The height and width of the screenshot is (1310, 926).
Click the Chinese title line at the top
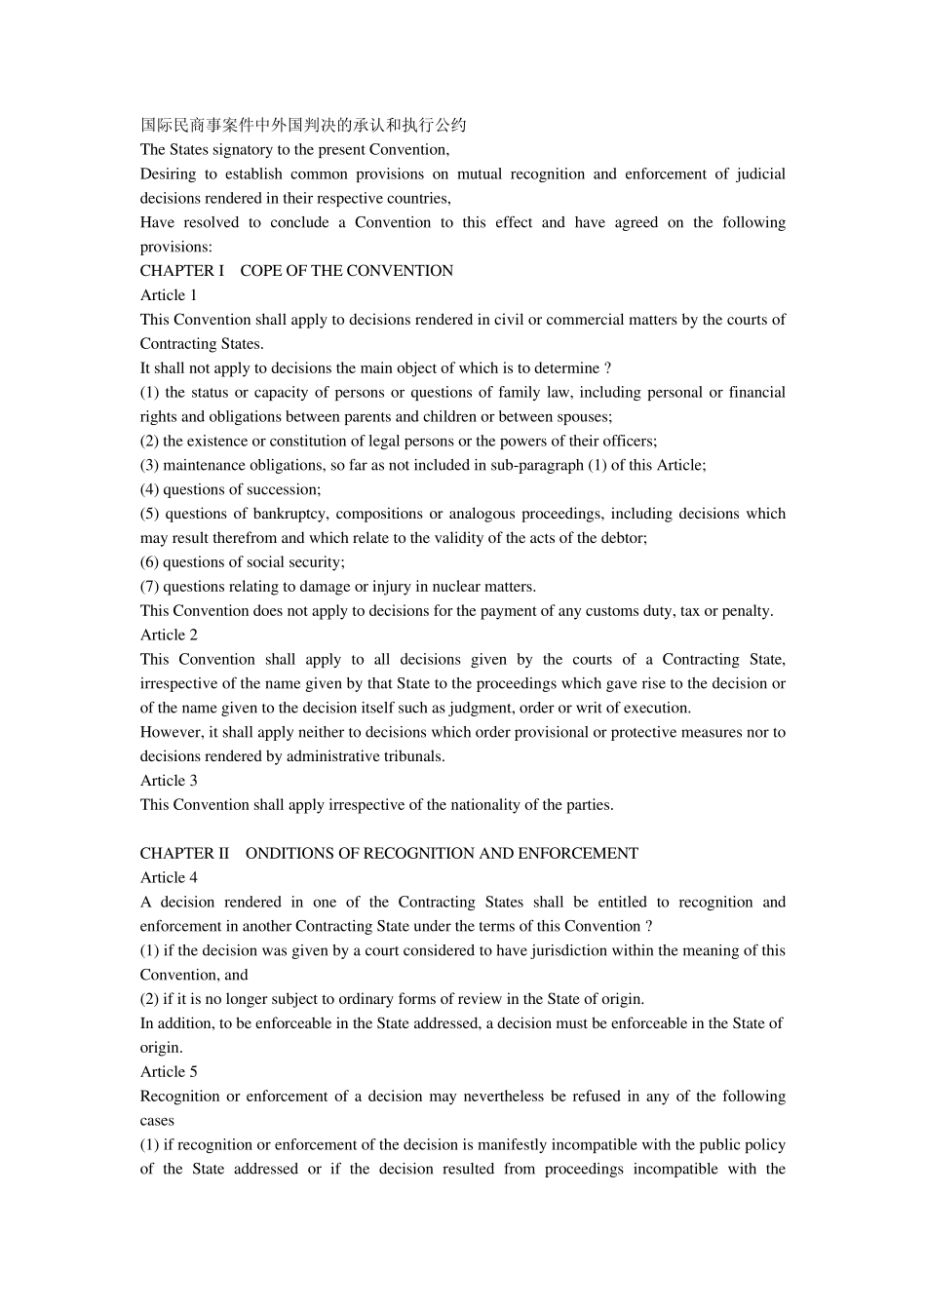(x=303, y=125)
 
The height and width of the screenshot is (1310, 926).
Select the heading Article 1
(x=169, y=295)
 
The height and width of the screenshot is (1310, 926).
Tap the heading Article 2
(x=169, y=635)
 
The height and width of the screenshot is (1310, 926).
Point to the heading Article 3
(x=169, y=780)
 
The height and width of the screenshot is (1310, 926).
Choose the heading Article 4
(x=169, y=877)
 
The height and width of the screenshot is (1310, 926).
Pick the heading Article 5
(x=169, y=1071)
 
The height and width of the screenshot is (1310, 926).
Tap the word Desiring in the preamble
(x=168, y=173)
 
